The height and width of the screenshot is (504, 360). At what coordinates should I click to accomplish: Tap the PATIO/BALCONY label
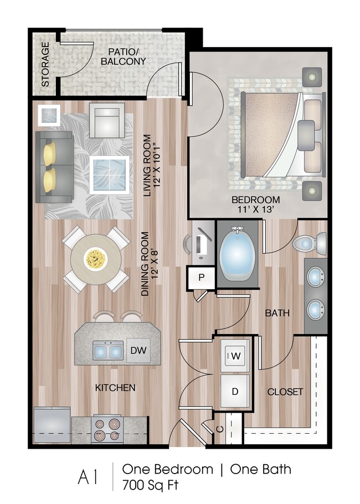pos(123,55)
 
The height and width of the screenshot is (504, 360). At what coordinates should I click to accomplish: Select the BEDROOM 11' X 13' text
pos(255,204)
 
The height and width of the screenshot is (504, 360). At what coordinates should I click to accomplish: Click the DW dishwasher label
pos(138,350)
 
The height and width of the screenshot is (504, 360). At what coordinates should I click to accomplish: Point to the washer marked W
pos(235,356)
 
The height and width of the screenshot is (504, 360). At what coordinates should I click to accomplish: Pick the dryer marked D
pos(235,391)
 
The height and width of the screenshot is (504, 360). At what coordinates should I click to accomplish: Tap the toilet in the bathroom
pos(310,242)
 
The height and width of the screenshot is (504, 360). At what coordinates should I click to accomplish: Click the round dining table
pos(96,258)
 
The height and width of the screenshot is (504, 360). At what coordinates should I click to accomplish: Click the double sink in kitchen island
pos(107,350)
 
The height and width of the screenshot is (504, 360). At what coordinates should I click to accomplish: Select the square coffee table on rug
pos(109,174)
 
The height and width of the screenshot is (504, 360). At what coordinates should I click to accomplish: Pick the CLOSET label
pos(285,392)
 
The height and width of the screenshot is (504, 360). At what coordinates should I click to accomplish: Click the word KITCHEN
pos(115,387)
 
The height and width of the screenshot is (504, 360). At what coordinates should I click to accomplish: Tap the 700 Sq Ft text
pos(151,485)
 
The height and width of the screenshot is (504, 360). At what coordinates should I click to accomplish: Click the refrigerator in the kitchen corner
pos(52,425)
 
